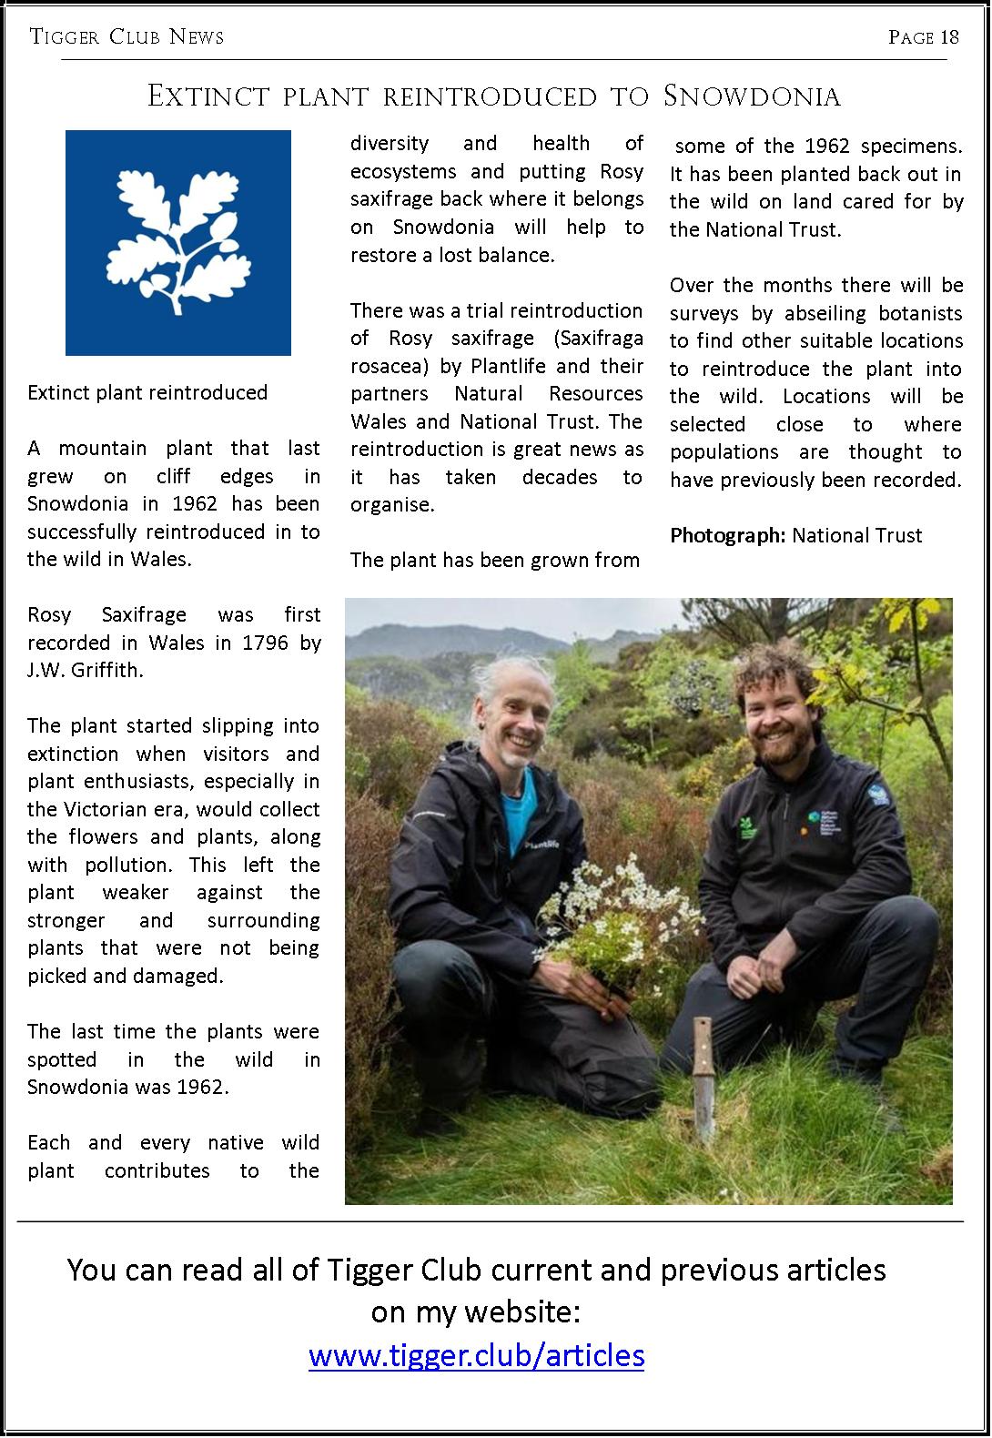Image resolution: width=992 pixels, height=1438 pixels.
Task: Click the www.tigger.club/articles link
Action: point(476,1355)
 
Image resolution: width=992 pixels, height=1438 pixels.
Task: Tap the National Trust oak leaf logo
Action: point(178,243)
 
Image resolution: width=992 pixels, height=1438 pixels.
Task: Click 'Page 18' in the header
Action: point(923,37)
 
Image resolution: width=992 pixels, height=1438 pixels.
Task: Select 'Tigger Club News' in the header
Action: point(127,37)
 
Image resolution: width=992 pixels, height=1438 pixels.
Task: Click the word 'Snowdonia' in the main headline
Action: point(752,96)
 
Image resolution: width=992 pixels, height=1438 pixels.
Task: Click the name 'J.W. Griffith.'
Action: point(86,671)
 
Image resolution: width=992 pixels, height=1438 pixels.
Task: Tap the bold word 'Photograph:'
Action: point(727,535)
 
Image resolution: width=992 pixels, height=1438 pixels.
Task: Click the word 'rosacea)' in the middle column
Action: point(387,366)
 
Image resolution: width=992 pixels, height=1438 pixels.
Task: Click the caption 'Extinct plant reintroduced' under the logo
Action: point(147,392)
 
